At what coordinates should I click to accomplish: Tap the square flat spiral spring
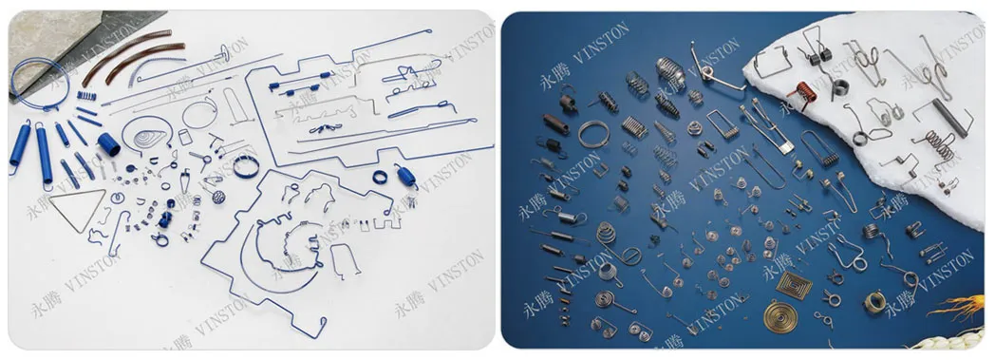(794, 284)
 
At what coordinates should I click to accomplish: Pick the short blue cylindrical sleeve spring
(107, 144)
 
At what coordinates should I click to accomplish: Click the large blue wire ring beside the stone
(38, 82)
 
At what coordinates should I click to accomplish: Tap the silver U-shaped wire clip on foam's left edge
(766, 65)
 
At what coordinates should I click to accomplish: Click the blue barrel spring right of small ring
(406, 175)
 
